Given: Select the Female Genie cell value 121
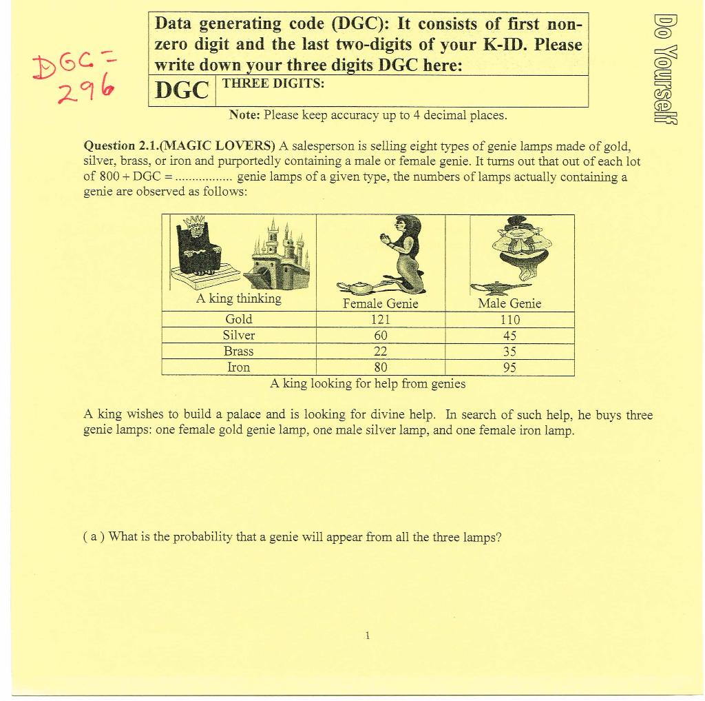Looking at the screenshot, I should pos(380,319).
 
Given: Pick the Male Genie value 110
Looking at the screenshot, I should pos(509,320).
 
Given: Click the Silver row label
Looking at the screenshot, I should pos(239,336).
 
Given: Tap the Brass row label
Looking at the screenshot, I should pos(239,352).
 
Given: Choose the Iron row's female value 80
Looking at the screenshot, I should pos(380,367).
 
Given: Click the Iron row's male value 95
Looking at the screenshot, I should pos(509,367).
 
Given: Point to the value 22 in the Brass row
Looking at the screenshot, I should pos(380,352).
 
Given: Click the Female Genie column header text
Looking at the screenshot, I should pos(380,304).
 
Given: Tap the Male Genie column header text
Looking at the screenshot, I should pos(509,303).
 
